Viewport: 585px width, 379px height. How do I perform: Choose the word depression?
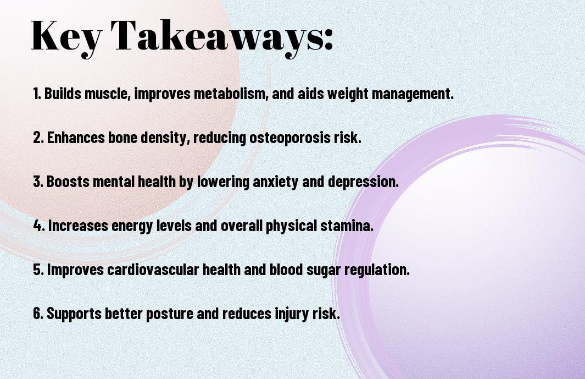[x=364, y=182]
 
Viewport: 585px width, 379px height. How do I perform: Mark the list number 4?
[x=39, y=226]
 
